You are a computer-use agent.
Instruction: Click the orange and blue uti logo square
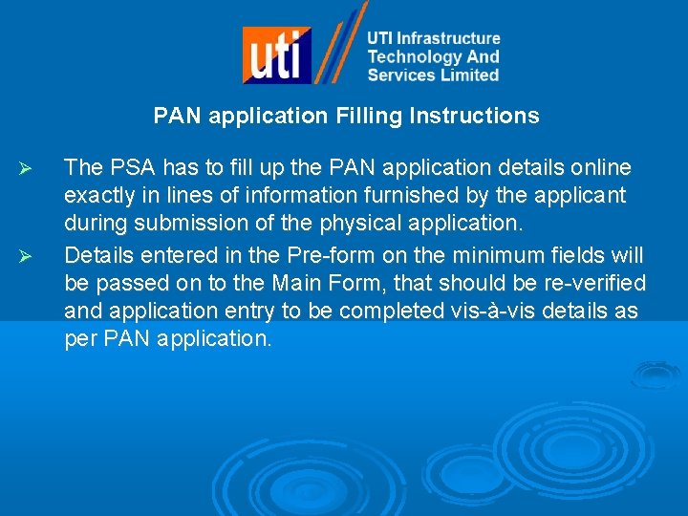[x=276, y=54]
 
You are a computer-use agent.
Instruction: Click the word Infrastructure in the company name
[x=448, y=38]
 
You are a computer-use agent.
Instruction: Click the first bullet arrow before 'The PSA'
[x=27, y=169]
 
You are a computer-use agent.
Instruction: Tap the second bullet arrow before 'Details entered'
[x=27, y=257]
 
